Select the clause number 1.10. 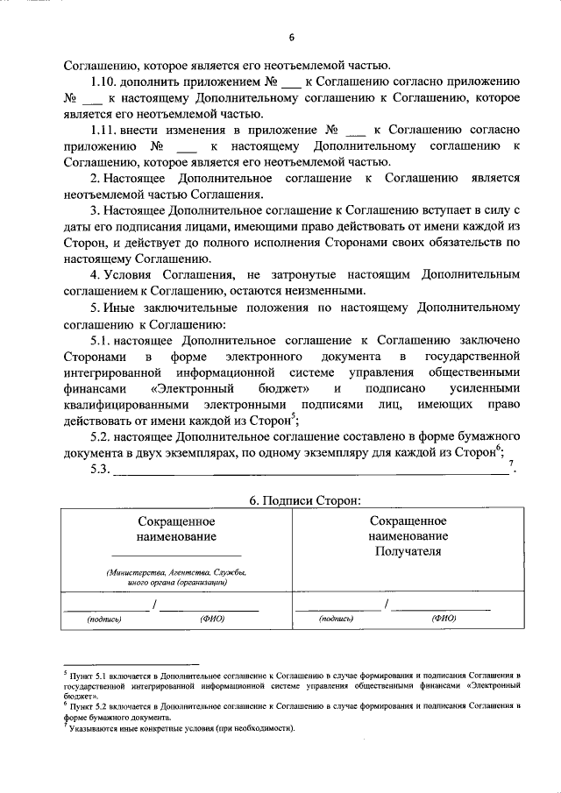click(108, 81)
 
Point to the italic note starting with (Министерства click(175, 577)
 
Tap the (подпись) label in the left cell click(103, 619)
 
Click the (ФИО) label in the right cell click(444, 619)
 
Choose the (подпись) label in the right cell click(337, 619)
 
